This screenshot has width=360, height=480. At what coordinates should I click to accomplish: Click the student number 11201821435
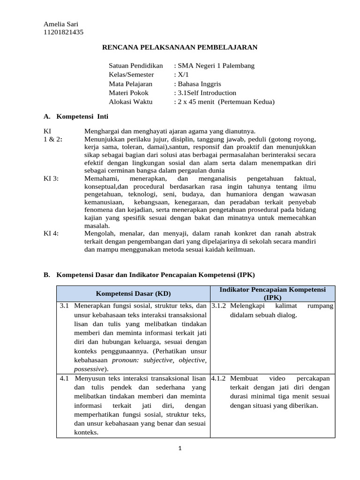(x=64, y=32)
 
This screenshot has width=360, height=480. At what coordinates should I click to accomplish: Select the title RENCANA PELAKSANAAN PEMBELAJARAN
(x=180, y=47)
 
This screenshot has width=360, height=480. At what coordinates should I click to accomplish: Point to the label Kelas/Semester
(x=131, y=75)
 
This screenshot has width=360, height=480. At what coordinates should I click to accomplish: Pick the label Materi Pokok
(x=128, y=93)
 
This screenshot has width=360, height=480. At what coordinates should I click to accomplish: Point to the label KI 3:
(x=52, y=179)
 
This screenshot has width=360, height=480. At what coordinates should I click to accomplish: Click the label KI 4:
(x=52, y=233)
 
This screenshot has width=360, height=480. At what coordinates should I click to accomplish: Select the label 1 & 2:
(x=53, y=139)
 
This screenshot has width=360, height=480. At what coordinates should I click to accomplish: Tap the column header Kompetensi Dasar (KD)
(x=133, y=293)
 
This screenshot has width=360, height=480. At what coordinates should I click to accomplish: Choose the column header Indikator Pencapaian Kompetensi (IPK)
(x=272, y=293)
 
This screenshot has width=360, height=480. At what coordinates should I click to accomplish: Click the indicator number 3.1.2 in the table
(x=218, y=306)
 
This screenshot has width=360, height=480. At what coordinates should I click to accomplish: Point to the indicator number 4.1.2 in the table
(x=218, y=378)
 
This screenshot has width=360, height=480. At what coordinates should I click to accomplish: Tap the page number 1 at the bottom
(x=180, y=448)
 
